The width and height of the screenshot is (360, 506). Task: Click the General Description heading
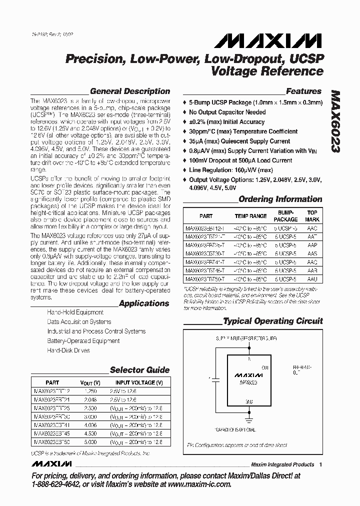129,91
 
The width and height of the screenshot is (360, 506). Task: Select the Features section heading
303,91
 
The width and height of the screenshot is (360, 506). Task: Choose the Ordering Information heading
280,199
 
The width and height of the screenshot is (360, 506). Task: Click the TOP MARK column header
312,216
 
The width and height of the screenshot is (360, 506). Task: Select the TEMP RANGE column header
250,216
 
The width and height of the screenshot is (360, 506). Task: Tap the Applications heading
144,303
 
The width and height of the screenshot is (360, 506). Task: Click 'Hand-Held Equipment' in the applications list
75,312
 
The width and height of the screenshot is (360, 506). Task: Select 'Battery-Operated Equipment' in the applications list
83,341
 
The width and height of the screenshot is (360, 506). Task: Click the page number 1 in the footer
320,464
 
